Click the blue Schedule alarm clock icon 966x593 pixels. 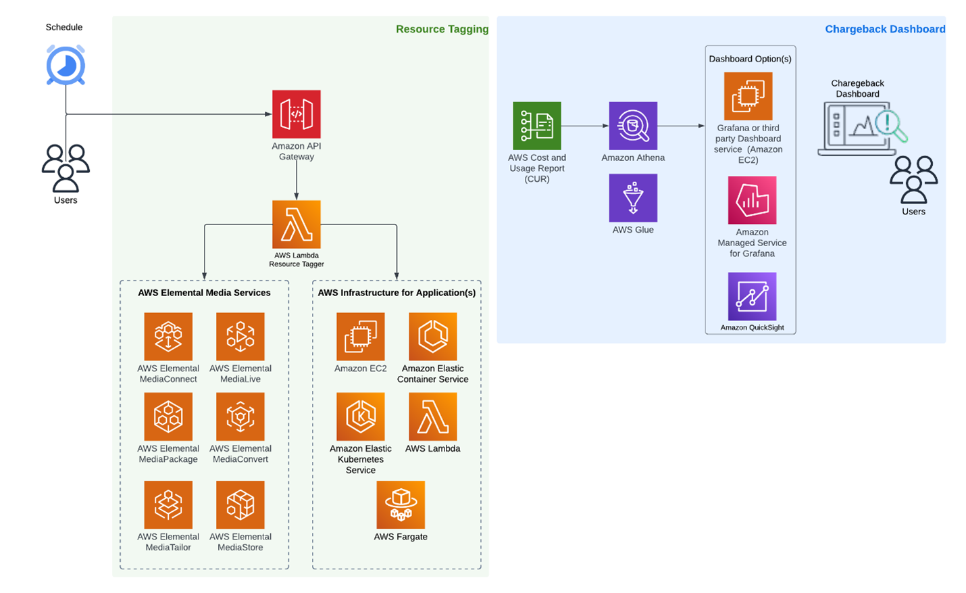coord(66,66)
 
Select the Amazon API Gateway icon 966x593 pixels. coord(296,114)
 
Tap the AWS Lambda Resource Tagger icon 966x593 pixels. coord(296,224)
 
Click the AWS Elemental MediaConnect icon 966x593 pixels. coord(168,336)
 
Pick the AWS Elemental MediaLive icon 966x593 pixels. coord(240,336)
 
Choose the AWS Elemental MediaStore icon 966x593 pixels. coord(240,504)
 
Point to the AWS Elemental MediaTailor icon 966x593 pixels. coord(168,504)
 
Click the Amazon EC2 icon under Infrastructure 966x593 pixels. coord(360,336)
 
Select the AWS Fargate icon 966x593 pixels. coord(401,504)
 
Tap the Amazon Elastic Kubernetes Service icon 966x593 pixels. coord(360,417)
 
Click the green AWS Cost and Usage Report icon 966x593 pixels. coord(536,126)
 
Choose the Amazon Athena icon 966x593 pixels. coord(633,126)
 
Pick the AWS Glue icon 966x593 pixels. coord(633,197)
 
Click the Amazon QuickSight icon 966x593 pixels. coord(752,296)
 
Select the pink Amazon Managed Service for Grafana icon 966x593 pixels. coord(752,200)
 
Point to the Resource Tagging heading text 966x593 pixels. coord(442,29)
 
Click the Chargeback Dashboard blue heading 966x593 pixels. coord(884,29)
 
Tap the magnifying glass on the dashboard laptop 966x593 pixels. coord(890,126)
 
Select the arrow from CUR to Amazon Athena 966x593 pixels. coord(584,126)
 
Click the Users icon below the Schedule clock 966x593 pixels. coord(66,168)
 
